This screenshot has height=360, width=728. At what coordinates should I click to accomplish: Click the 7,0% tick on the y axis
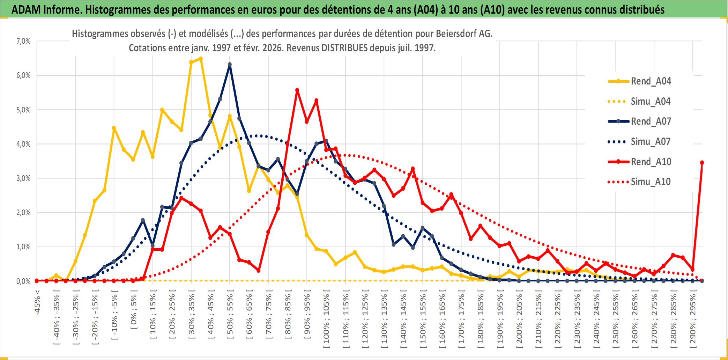click(23, 41)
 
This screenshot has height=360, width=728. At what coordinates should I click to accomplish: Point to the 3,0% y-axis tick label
click(23, 178)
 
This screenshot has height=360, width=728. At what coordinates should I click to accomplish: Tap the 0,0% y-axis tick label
click(23, 281)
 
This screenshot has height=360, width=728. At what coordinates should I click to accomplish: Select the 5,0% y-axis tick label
click(23, 110)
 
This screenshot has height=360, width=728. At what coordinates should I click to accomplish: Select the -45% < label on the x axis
click(37, 302)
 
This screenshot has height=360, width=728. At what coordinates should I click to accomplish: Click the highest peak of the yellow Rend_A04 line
click(201, 59)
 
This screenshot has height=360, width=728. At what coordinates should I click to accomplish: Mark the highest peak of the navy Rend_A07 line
click(230, 65)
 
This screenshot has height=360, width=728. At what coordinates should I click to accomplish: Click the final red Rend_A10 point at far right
click(702, 163)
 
